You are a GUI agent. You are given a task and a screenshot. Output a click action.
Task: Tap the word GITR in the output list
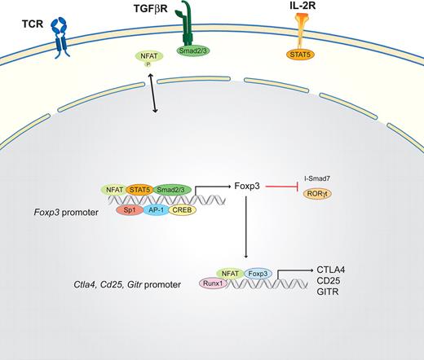(351, 302)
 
